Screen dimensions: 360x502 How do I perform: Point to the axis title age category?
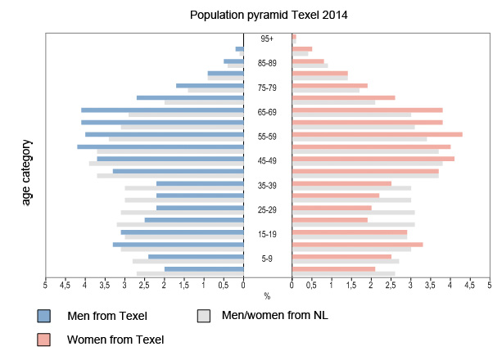click(x=26, y=172)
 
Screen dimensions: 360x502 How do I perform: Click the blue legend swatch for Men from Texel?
click(x=44, y=316)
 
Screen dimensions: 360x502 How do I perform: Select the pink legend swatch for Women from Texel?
click(x=44, y=340)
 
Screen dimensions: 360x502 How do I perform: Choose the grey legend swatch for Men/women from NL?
click(x=205, y=316)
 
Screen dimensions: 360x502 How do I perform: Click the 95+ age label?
click(x=268, y=38)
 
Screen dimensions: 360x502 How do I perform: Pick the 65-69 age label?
click(x=268, y=112)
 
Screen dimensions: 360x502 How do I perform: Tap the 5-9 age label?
click(x=268, y=259)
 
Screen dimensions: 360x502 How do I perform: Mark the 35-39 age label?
click(x=268, y=186)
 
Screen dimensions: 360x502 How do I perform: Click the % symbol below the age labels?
click(x=267, y=296)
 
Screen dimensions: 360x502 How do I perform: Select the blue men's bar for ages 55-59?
click(x=165, y=134)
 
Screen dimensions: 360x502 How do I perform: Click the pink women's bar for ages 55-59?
click(x=377, y=134)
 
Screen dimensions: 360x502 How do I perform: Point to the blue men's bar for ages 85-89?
click(x=233, y=61)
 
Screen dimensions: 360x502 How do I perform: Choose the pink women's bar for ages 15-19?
click(x=350, y=232)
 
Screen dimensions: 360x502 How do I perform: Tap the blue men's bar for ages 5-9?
click(x=196, y=257)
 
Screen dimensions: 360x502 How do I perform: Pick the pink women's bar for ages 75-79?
click(x=329, y=85)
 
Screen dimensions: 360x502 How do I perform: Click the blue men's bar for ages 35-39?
click(x=200, y=183)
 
